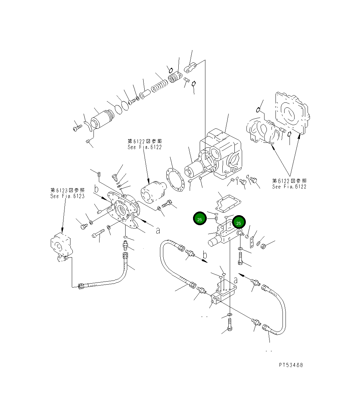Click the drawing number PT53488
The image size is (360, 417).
click(291, 365)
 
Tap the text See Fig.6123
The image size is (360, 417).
click(67, 196)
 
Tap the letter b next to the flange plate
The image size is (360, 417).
click(97, 189)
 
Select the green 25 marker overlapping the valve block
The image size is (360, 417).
click(239, 223)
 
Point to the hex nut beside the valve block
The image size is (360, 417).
click(262, 246)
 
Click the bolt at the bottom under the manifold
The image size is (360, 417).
click(230, 324)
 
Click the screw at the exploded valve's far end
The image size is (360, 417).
click(77, 127)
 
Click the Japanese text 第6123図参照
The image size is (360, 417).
click(67, 190)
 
